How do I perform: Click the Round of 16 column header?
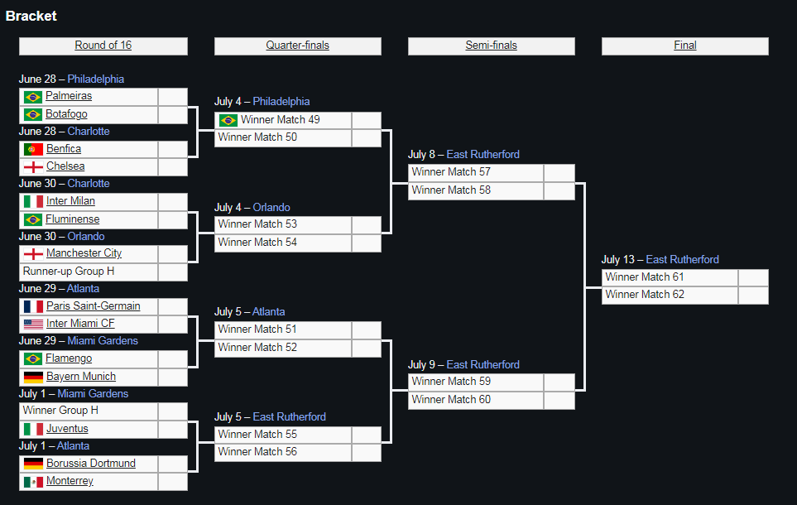(x=103, y=46)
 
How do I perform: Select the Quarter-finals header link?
(x=297, y=46)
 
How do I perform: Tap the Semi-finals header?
(x=491, y=46)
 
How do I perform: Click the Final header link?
(x=684, y=46)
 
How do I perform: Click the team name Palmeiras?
(x=69, y=95)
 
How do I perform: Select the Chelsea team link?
(x=65, y=166)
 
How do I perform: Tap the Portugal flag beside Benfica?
(x=33, y=149)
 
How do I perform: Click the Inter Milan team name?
(x=70, y=201)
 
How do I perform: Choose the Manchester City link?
(x=84, y=253)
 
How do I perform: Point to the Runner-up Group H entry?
(x=69, y=271)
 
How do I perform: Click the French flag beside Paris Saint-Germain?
(x=33, y=306)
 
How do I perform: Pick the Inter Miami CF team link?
(x=80, y=324)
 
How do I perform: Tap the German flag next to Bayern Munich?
(x=33, y=377)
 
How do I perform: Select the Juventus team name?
(x=67, y=429)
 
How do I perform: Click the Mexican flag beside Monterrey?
(x=33, y=481)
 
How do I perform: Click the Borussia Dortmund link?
(x=91, y=464)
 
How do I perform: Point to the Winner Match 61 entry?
(x=645, y=277)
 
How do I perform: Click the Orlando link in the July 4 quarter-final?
(x=271, y=208)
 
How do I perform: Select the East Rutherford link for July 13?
(x=682, y=259)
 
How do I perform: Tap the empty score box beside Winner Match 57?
(x=559, y=172)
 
